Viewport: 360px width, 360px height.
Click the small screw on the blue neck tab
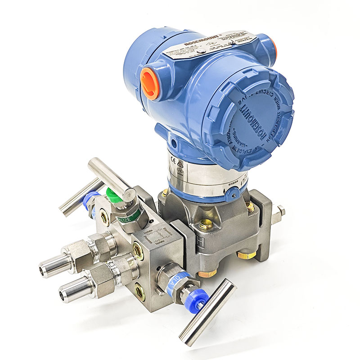click(232, 194)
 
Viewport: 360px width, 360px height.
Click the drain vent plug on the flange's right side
click(279, 211)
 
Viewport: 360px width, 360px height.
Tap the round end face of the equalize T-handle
click(130, 193)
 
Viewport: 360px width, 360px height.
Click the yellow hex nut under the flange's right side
click(247, 255)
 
